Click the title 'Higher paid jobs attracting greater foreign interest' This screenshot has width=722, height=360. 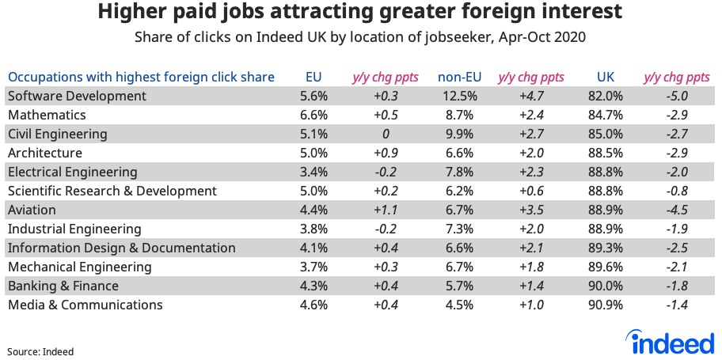pyautogui.click(x=360, y=13)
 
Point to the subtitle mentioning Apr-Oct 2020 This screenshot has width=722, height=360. pyautogui.click(x=360, y=37)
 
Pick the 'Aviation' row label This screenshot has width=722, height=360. pyautogui.click(x=32, y=210)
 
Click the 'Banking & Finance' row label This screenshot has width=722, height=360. pyautogui.click(x=63, y=286)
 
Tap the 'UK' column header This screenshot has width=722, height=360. pyautogui.click(x=606, y=77)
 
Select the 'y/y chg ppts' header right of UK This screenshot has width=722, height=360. pyautogui.click(x=676, y=77)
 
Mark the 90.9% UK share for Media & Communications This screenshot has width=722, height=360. pyautogui.click(x=606, y=305)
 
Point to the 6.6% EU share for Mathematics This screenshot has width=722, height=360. pyautogui.click(x=314, y=115)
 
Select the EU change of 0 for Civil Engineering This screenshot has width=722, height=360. pyautogui.click(x=384, y=134)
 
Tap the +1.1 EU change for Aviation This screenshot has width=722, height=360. pyautogui.click(x=384, y=210)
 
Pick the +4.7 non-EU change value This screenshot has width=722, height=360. pyautogui.click(x=530, y=96)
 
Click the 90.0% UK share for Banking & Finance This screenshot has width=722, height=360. pyautogui.click(x=606, y=286)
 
